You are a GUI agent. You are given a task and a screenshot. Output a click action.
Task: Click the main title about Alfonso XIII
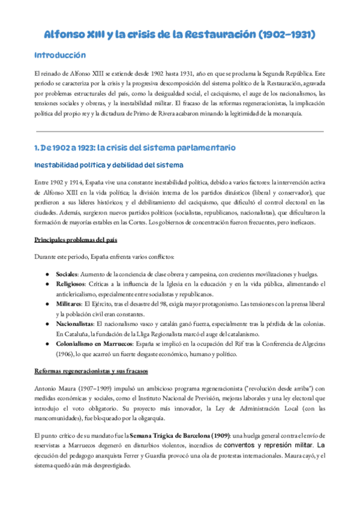180,35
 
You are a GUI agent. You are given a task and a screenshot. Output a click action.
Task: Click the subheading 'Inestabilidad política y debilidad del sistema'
109,165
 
